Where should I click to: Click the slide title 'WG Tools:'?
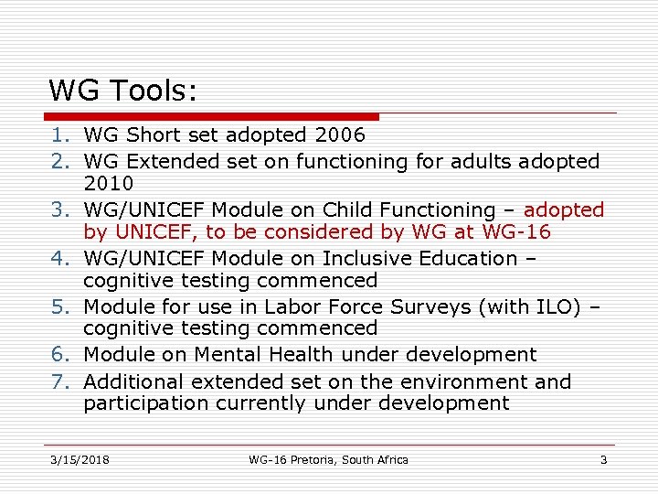[x=123, y=90]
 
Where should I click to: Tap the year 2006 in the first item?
[x=339, y=135]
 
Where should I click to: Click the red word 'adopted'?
[x=564, y=210]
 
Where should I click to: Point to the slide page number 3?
[x=603, y=459]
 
